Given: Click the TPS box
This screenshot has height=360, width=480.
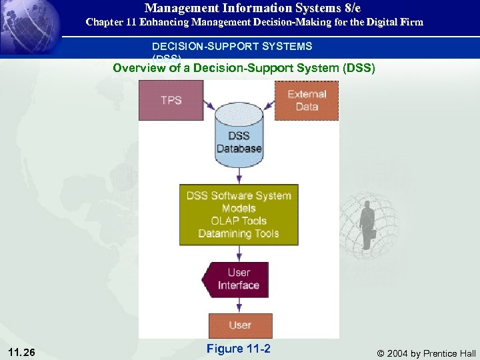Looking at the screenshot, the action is tap(171, 100).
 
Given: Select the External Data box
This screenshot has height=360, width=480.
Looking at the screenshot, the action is tap(307, 100).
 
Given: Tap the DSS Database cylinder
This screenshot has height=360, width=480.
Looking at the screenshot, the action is tap(239, 137).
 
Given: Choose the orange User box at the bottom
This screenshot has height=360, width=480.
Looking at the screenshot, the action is tap(239, 325).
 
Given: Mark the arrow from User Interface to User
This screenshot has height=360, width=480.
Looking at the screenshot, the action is tap(239, 305).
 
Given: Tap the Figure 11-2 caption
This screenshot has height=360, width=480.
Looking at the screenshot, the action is tap(238, 349).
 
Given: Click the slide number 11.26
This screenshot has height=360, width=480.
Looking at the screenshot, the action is tap(23, 351).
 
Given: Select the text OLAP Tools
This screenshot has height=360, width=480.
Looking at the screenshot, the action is tap(239, 221).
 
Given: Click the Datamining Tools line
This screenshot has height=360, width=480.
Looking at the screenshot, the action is tap(239, 233).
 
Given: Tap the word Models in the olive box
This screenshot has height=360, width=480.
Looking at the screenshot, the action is tap(239, 208).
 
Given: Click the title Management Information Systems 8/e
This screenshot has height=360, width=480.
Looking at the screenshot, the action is tap(253, 8).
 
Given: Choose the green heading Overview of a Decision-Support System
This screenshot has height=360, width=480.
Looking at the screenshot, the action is tap(244, 68).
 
